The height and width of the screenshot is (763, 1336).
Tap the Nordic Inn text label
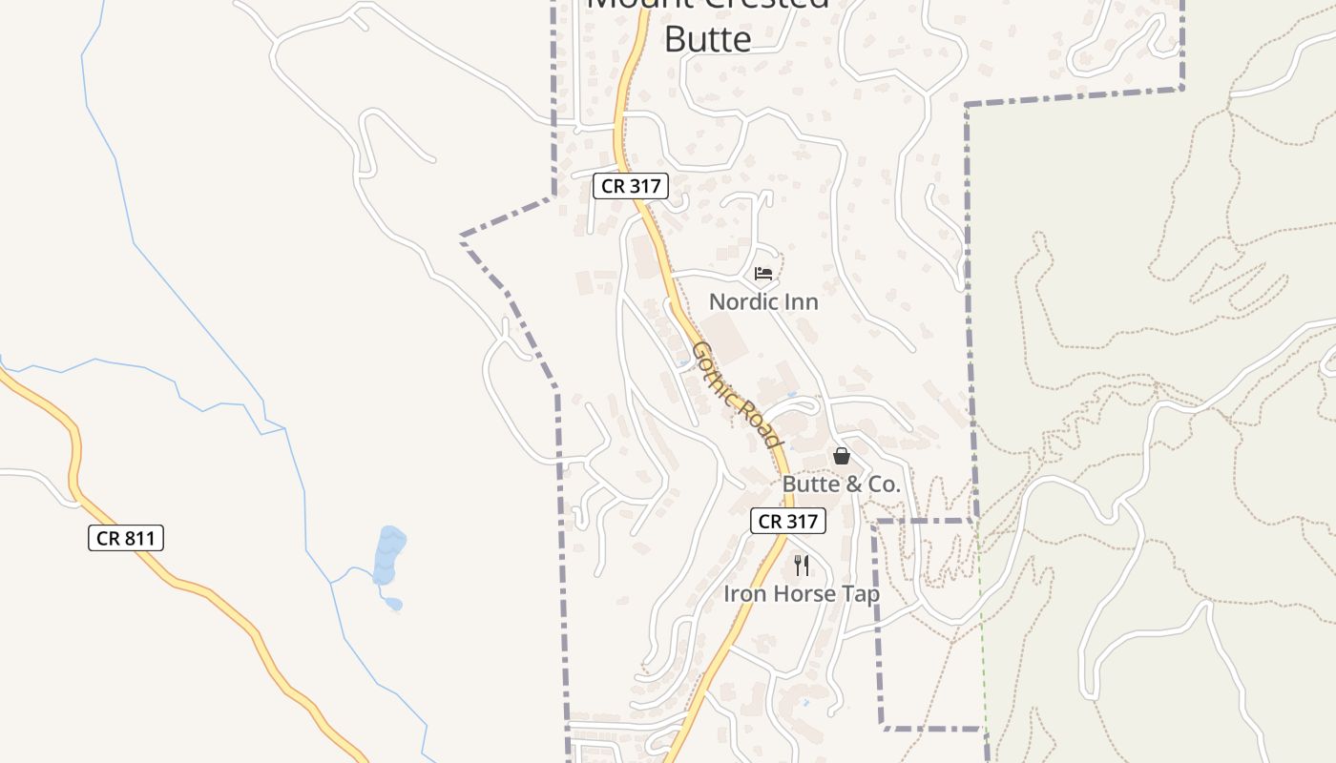coord(763,301)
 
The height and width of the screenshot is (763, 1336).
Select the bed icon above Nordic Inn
coord(763,274)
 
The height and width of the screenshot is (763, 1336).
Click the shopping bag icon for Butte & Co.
coord(841,456)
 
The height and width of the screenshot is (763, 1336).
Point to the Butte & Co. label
coord(841,484)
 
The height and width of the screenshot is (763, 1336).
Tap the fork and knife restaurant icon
coord(802,566)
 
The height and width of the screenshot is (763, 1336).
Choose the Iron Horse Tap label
coord(801,593)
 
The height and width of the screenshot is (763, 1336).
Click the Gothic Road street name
coord(737,394)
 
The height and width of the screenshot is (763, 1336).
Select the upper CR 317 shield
coord(631,186)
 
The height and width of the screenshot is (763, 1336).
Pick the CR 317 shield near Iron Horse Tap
coord(787,521)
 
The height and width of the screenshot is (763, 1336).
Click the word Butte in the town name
coord(707,39)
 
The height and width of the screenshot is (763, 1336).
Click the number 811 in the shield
coord(138,538)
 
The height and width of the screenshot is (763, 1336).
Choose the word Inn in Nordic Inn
coord(802,301)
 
